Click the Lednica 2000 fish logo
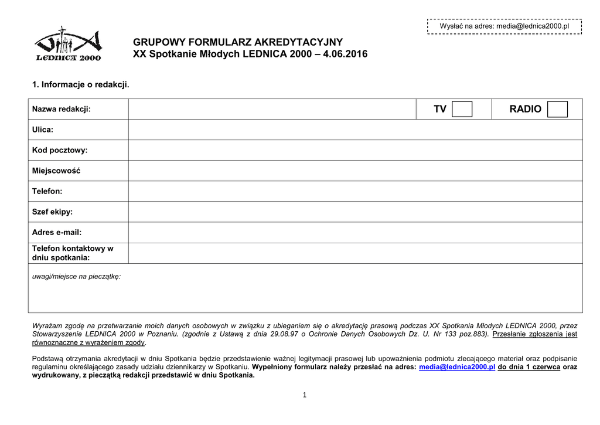click(x=68, y=44)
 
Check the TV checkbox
click(x=462, y=109)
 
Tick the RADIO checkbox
click(x=557, y=109)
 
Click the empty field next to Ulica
click(x=355, y=130)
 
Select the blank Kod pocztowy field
click(x=355, y=150)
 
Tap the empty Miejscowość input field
click(x=355, y=171)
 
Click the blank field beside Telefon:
click(x=355, y=191)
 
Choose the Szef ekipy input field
click(x=355, y=212)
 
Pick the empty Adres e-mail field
click(x=355, y=232)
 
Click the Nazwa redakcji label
click(x=62, y=109)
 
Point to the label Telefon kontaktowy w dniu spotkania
click(x=73, y=253)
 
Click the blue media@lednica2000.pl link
click(x=458, y=367)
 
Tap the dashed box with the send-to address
click(x=504, y=26)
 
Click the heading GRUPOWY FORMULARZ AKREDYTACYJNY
click(x=238, y=42)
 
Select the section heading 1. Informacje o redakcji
click(x=80, y=85)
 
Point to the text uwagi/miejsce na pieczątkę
click(x=76, y=276)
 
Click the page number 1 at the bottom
click(x=305, y=395)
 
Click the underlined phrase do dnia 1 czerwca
click(x=529, y=367)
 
